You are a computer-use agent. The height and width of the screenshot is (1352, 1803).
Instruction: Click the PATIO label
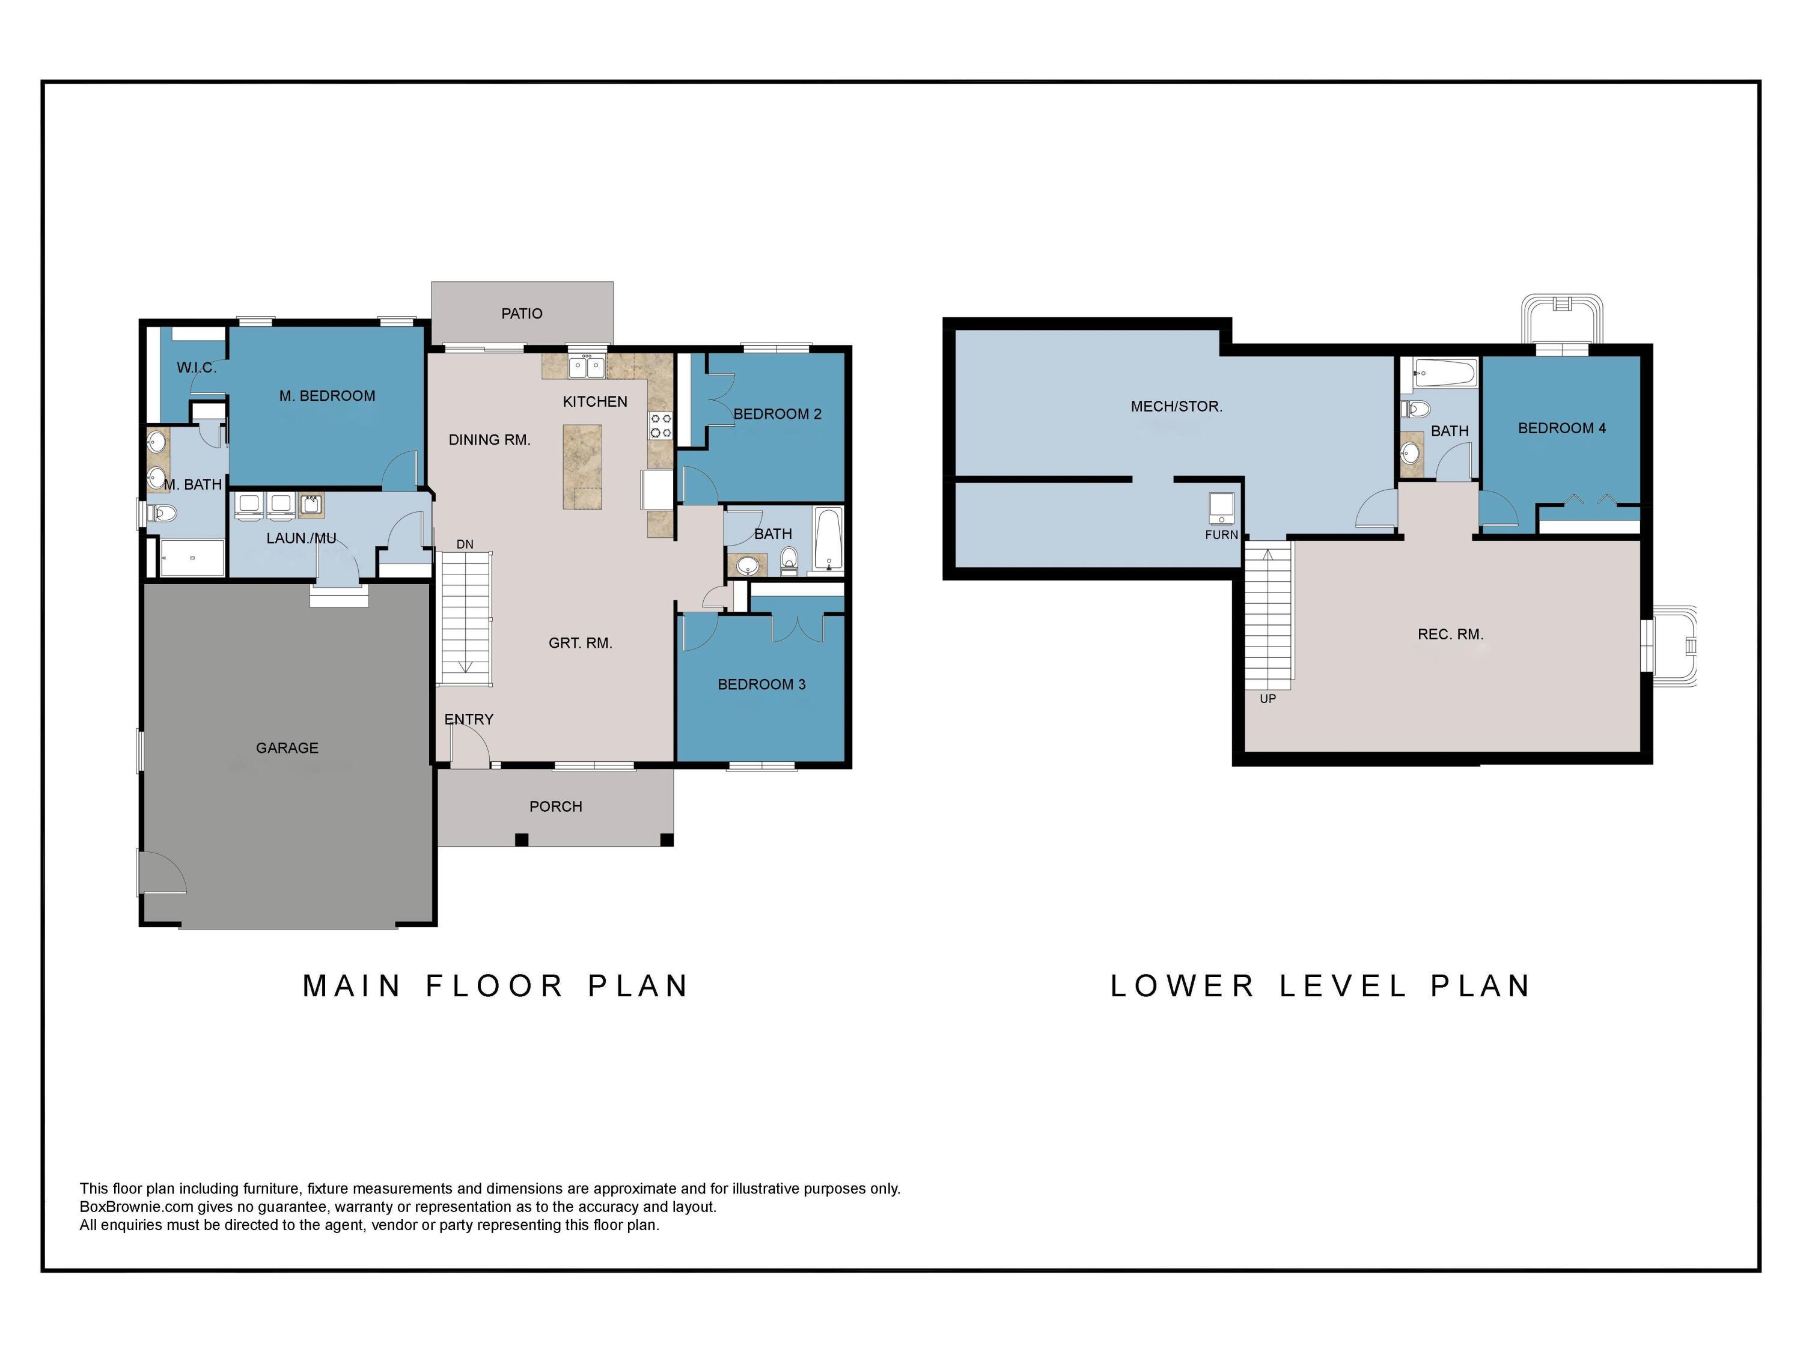tap(522, 314)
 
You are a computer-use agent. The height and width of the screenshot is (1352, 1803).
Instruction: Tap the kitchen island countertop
tap(582, 466)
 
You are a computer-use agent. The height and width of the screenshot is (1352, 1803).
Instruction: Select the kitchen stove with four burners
tap(660, 425)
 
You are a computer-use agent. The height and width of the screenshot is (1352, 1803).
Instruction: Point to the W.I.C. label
tap(197, 368)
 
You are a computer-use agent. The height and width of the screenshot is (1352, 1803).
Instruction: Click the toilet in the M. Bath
tap(162, 513)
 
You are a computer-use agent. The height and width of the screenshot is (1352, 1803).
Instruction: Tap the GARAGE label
tap(287, 748)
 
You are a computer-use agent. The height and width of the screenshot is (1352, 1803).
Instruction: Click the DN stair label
tap(465, 544)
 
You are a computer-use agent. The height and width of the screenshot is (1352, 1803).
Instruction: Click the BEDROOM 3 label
tap(761, 684)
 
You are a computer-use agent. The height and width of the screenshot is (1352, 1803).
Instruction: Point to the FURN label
tap(1221, 535)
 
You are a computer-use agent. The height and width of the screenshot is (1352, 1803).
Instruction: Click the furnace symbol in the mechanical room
tap(1221, 508)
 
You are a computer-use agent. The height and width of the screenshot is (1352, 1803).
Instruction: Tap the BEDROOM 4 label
tap(1561, 428)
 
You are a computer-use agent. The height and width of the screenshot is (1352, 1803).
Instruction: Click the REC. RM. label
tap(1450, 634)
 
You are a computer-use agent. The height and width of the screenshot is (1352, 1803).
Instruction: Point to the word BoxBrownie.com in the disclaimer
tap(136, 1207)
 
